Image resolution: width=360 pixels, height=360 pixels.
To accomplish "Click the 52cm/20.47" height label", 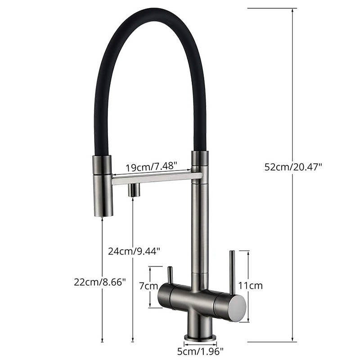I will (x=293, y=166).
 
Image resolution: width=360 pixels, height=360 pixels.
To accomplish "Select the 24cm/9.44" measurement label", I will (x=134, y=251).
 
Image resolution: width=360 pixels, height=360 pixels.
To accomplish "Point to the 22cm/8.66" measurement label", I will (x=100, y=282).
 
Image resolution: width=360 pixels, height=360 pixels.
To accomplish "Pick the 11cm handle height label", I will (x=250, y=285).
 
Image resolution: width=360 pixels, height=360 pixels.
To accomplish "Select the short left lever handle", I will (x=170, y=276).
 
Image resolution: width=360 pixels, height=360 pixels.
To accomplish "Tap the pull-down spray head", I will (x=102, y=185).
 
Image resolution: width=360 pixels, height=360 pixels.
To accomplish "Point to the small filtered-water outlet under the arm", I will (x=133, y=190).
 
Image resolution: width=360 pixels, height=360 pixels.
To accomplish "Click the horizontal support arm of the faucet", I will (x=155, y=179).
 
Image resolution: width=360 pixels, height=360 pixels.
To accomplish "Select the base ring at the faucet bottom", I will (x=200, y=337).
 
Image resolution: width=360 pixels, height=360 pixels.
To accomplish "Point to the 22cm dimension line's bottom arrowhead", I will (x=103, y=340).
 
